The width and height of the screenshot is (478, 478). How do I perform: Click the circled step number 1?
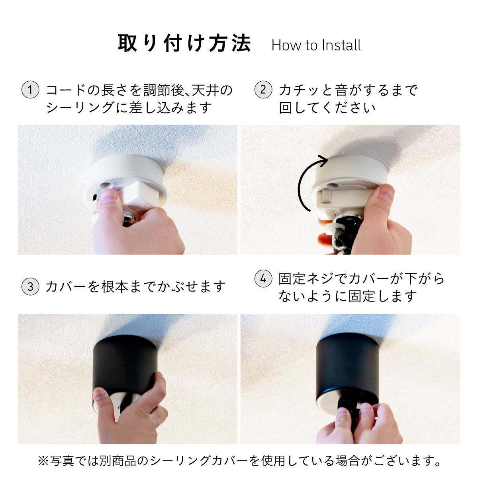[x=30, y=90]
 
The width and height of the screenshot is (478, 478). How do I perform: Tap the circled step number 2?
[x=263, y=90]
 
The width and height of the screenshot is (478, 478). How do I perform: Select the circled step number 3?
[x=30, y=286]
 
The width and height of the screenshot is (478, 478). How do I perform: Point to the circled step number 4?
[x=263, y=278]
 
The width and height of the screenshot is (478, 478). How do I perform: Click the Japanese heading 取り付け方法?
[x=184, y=43]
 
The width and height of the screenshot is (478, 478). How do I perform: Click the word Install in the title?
[x=341, y=45]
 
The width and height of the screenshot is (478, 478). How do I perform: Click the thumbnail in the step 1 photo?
[x=109, y=196]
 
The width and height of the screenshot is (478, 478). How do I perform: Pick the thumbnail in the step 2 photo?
[x=386, y=193]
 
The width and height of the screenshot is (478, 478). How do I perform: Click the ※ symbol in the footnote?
[x=44, y=460]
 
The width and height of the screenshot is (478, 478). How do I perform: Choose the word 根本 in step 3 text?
[x=115, y=286]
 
